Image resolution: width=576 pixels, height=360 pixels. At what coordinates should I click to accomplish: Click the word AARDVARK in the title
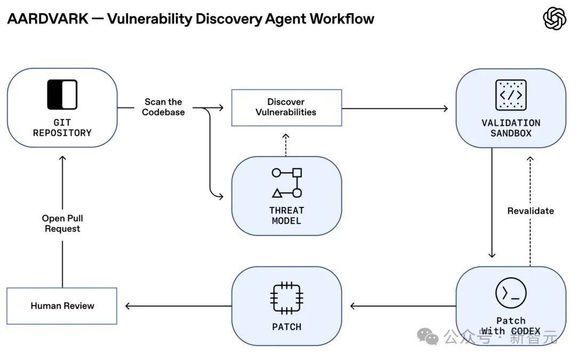[x=48, y=19]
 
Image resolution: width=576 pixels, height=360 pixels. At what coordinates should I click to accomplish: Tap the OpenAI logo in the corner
[x=554, y=19]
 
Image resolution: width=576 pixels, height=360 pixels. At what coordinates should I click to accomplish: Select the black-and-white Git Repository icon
[x=62, y=94]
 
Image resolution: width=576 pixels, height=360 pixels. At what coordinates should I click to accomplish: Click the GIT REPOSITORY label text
[x=62, y=127]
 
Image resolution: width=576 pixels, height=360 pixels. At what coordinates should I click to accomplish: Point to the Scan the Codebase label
[x=163, y=107]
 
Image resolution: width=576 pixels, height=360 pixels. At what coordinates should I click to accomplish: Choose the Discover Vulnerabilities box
[x=286, y=108]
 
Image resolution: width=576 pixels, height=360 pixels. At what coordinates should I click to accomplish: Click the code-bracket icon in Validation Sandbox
[x=510, y=95]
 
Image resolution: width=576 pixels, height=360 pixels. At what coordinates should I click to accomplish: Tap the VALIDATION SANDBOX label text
[x=510, y=128]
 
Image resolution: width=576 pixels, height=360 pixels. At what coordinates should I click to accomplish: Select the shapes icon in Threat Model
[x=287, y=182]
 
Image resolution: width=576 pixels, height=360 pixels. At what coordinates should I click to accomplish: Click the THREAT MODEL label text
[x=286, y=215]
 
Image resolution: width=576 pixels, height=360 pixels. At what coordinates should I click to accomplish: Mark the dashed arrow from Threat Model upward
[x=286, y=145]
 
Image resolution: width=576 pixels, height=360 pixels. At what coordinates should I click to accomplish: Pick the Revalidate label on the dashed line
[x=531, y=211]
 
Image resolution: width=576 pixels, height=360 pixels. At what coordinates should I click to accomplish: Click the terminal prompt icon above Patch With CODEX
[x=510, y=293]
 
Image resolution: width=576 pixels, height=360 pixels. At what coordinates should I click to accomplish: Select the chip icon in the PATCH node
[x=286, y=298]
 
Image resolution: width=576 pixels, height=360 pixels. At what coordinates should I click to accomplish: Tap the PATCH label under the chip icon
[x=286, y=326]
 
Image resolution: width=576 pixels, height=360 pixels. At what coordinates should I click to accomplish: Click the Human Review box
[x=62, y=306]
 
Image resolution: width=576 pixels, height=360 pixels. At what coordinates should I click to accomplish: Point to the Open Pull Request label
[x=62, y=223]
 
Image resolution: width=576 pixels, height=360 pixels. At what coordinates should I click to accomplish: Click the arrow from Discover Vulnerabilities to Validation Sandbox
[x=395, y=108]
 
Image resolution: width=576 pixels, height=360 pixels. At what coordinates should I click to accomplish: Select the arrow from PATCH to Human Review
[x=179, y=306]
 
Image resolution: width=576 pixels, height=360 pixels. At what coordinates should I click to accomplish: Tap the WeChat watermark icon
[x=428, y=336]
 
